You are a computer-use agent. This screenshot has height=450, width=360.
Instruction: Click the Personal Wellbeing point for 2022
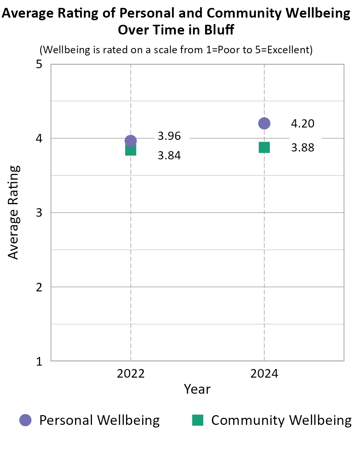pyautogui.click(x=130, y=141)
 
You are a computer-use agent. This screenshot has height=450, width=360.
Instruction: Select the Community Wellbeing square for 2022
pyautogui.click(x=130, y=150)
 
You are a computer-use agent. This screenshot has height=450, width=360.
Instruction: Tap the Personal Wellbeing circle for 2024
pyautogui.click(x=264, y=123)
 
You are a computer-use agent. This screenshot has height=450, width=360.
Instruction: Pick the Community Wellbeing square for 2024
pyautogui.click(x=264, y=147)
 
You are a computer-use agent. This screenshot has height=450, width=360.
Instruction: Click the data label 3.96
pyautogui.click(x=169, y=136)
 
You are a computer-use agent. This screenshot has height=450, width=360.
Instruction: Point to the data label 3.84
pyautogui.click(x=169, y=155)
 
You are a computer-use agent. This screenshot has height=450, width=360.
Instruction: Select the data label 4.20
pyautogui.click(x=303, y=123)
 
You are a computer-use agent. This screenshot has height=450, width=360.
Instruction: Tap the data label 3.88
pyautogui.click(x=303, y=148)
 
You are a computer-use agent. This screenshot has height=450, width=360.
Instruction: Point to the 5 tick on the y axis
pyautogui.click(x=39, y=64)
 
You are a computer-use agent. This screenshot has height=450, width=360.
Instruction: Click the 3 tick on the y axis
pyautogui.click(x=39, y=213)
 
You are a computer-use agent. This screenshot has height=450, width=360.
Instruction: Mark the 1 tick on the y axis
pyautogui.click(x=39, y=361)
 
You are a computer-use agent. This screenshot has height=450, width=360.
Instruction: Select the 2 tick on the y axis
pyautogui.click(x=39, y=287)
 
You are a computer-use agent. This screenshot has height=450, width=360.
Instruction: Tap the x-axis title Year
pyautogui.click(x=197, y=389)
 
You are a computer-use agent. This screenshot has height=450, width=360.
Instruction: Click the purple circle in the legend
pyautogui.click(x=25, y=420)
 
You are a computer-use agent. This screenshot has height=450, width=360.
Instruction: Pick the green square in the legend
pyautogui.click(x=198, y=420)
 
